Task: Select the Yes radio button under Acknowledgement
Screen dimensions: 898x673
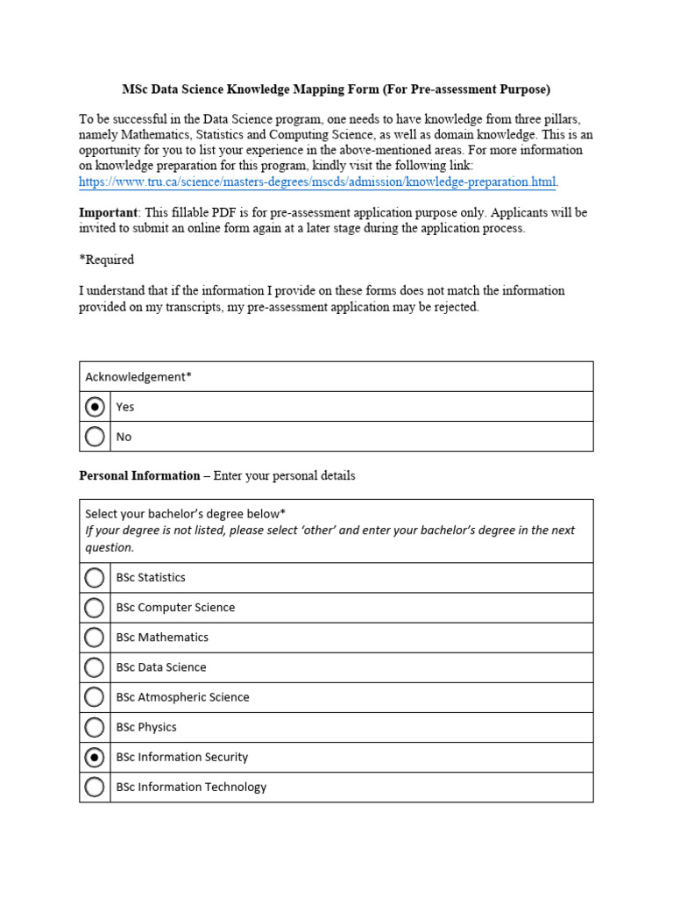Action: coord(95,407)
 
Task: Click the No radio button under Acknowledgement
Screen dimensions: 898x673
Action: coord(95,437)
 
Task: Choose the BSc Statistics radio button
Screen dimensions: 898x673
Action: coord(95,578)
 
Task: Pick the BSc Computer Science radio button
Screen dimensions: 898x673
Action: coord(95,608)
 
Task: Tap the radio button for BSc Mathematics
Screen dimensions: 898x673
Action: coord(95,638)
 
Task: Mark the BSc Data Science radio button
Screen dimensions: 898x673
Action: coord(95,667)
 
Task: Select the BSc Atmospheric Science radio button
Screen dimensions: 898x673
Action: coord(95,697)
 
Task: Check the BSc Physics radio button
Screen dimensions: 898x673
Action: coord(95,727)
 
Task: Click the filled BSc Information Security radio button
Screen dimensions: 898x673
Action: coord(95,757)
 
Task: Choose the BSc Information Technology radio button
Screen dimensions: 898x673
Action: coord(95,787)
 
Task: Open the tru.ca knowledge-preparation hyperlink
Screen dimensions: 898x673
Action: coord(317,182)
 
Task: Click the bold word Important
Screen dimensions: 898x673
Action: coord(108,212)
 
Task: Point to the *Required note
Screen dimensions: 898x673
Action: coord(106,260)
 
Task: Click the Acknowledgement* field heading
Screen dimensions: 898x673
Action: coord(138,377)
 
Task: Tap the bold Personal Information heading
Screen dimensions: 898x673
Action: coord(139,475)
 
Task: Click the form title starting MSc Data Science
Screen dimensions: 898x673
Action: coord(336,89)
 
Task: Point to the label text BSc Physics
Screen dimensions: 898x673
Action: coord(146,727)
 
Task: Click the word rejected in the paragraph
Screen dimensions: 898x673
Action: coord(457,307)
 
